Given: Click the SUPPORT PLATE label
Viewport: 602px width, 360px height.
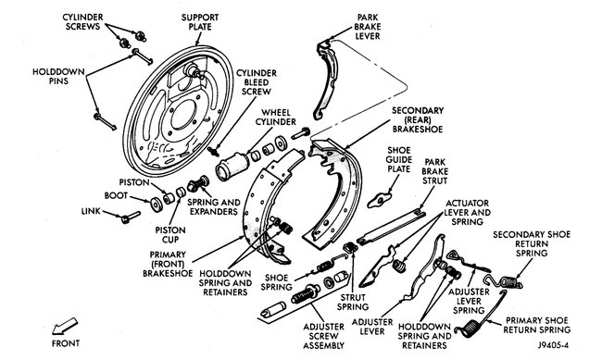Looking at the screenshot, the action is tap(200, 22).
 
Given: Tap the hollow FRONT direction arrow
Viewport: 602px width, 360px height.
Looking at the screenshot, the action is tap(64, 327).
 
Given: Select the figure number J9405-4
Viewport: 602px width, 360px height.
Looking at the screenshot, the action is tap(553, 345).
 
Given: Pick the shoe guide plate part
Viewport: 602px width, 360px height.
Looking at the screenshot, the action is tap(379, 200).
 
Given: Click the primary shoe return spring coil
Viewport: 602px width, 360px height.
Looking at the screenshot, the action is tap(471, 329).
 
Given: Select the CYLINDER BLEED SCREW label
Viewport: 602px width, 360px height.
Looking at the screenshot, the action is tap(256, 82).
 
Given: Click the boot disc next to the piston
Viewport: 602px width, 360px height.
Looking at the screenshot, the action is tap(157, 204).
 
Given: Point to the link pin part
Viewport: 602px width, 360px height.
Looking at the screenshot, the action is tap(131, 217).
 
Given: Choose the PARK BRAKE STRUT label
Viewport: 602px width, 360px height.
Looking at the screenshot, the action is tap(434, 171).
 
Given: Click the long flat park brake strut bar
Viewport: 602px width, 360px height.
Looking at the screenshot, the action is tap(392, 227).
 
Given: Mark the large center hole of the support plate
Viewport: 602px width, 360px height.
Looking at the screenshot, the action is tap(182, 115).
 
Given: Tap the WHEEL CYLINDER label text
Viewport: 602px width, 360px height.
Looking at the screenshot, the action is tap(275, 117).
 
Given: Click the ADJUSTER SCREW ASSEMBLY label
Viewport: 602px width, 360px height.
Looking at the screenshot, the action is tap(323, 336).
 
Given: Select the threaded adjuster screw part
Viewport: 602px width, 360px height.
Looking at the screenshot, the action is tap(305, 294).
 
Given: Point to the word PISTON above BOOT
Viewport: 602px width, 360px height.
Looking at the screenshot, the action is tap(134, 182).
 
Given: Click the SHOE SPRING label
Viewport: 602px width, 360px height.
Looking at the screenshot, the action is tap(276, 282).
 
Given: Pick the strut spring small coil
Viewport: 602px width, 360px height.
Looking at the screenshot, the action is tap(350, 247).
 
